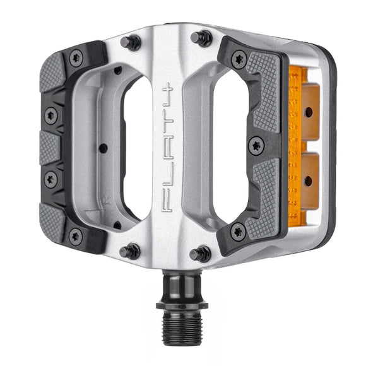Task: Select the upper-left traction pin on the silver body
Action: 133,42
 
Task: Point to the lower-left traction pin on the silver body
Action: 131,251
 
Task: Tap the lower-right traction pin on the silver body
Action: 201,254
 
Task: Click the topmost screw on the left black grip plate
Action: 76,57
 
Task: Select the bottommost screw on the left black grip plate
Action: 75,237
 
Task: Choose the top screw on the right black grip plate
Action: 239,60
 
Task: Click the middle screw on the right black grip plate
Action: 256,146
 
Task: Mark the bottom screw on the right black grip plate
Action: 238,231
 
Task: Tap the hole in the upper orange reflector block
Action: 309,112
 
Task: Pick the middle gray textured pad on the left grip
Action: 50,147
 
